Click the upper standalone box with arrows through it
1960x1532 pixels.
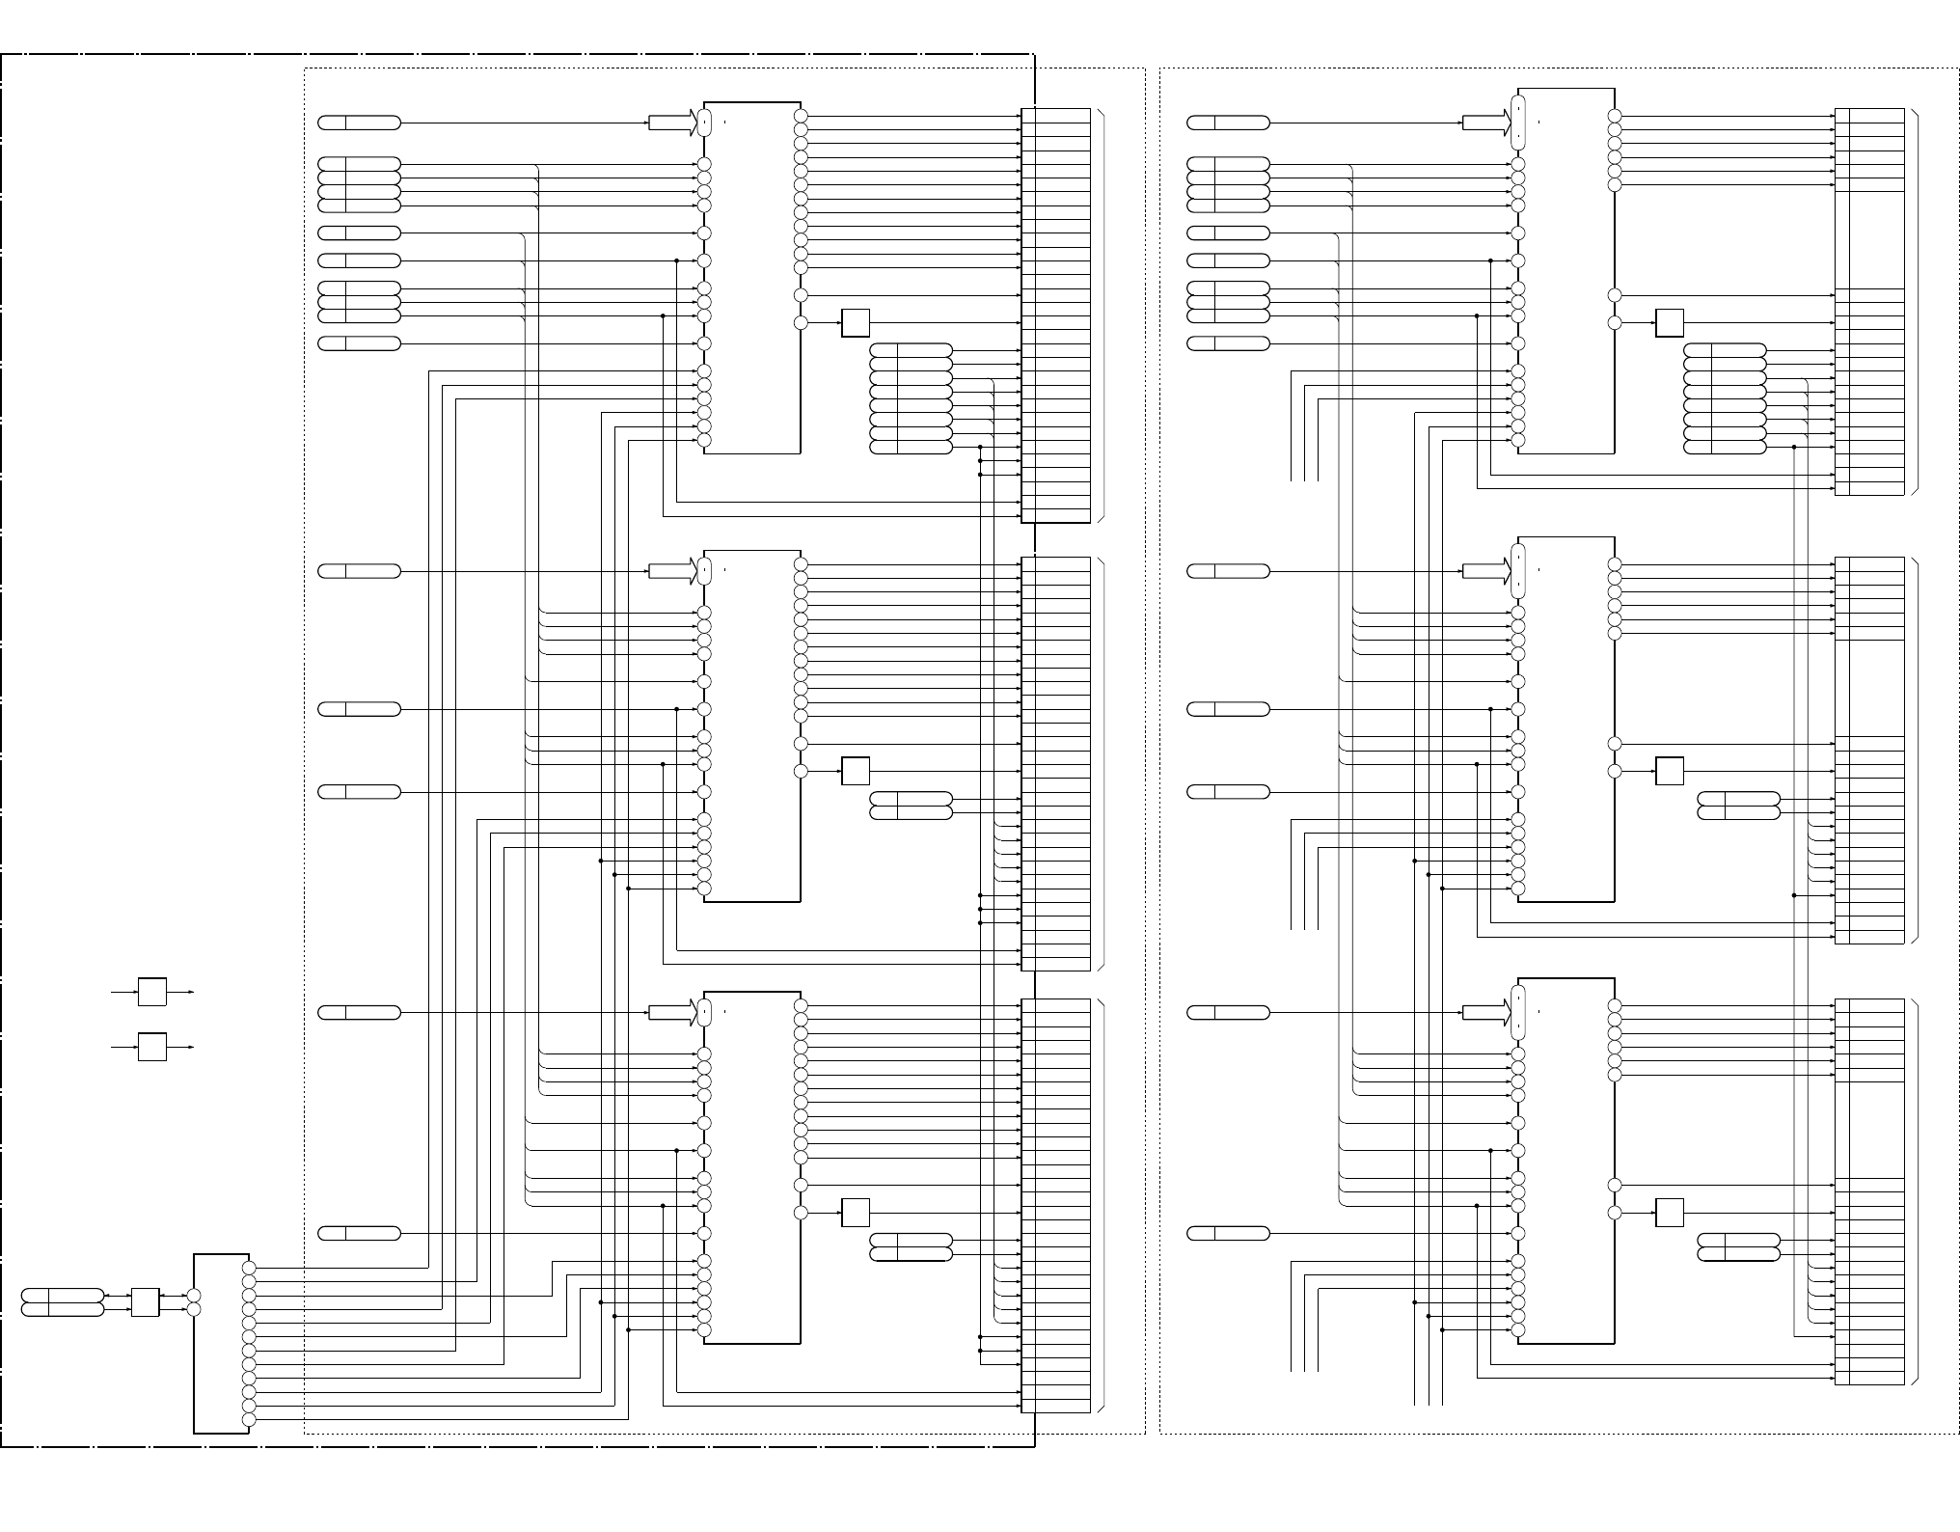[151, 992]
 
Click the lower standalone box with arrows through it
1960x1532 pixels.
[151, 1047]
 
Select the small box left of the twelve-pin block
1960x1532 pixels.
[145, 1302]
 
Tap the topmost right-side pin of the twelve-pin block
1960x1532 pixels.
[249, 1268]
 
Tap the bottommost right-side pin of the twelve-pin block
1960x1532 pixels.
[249, 1420]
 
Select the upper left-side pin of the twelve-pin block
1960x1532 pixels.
[194, 1296]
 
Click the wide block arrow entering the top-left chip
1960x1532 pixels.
[672, 123]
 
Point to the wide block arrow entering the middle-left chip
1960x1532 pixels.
[672, 571]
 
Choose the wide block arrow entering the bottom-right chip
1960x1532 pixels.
[1486, 1013]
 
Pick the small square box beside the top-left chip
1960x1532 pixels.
[856, 323]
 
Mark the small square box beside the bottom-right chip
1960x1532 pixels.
[1670, 1213]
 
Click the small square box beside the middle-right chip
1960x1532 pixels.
[1670, 772]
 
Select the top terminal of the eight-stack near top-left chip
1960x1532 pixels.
[911, 350]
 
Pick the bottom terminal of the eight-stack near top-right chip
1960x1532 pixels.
[1725, 448]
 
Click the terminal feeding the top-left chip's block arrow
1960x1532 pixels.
[359, 123]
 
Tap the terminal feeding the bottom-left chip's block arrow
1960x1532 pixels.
[359, 1013]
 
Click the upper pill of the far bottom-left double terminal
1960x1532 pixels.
[62, 1296]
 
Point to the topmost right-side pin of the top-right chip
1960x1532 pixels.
[1615, 116]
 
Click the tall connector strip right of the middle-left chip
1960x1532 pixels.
[1055, 763]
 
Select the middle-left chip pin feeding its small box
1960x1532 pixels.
[801, 772]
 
